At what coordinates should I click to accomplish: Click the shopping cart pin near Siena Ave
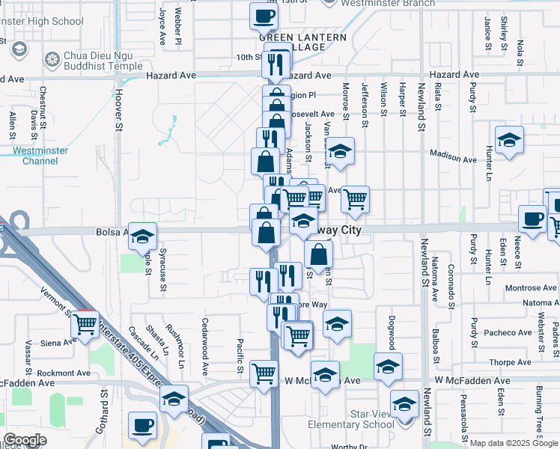pyautogui.click(x=85, y=325)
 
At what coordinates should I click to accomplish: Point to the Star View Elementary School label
pyautogui.click(x=352, y=419)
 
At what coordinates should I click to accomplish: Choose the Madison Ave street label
pyautogui.click(x=453, y=159)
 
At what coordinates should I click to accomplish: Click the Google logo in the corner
pyautogui.click(x=25, y=440)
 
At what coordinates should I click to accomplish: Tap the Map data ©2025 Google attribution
pyautogui.click(x=514, y=443)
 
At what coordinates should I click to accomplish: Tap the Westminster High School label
pyautogui.click(x=42, y=22)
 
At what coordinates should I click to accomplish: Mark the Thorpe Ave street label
pyautogui.click(x=511, y=362)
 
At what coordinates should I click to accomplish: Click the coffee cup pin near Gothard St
pyautogui.click(x=141, y=426)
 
